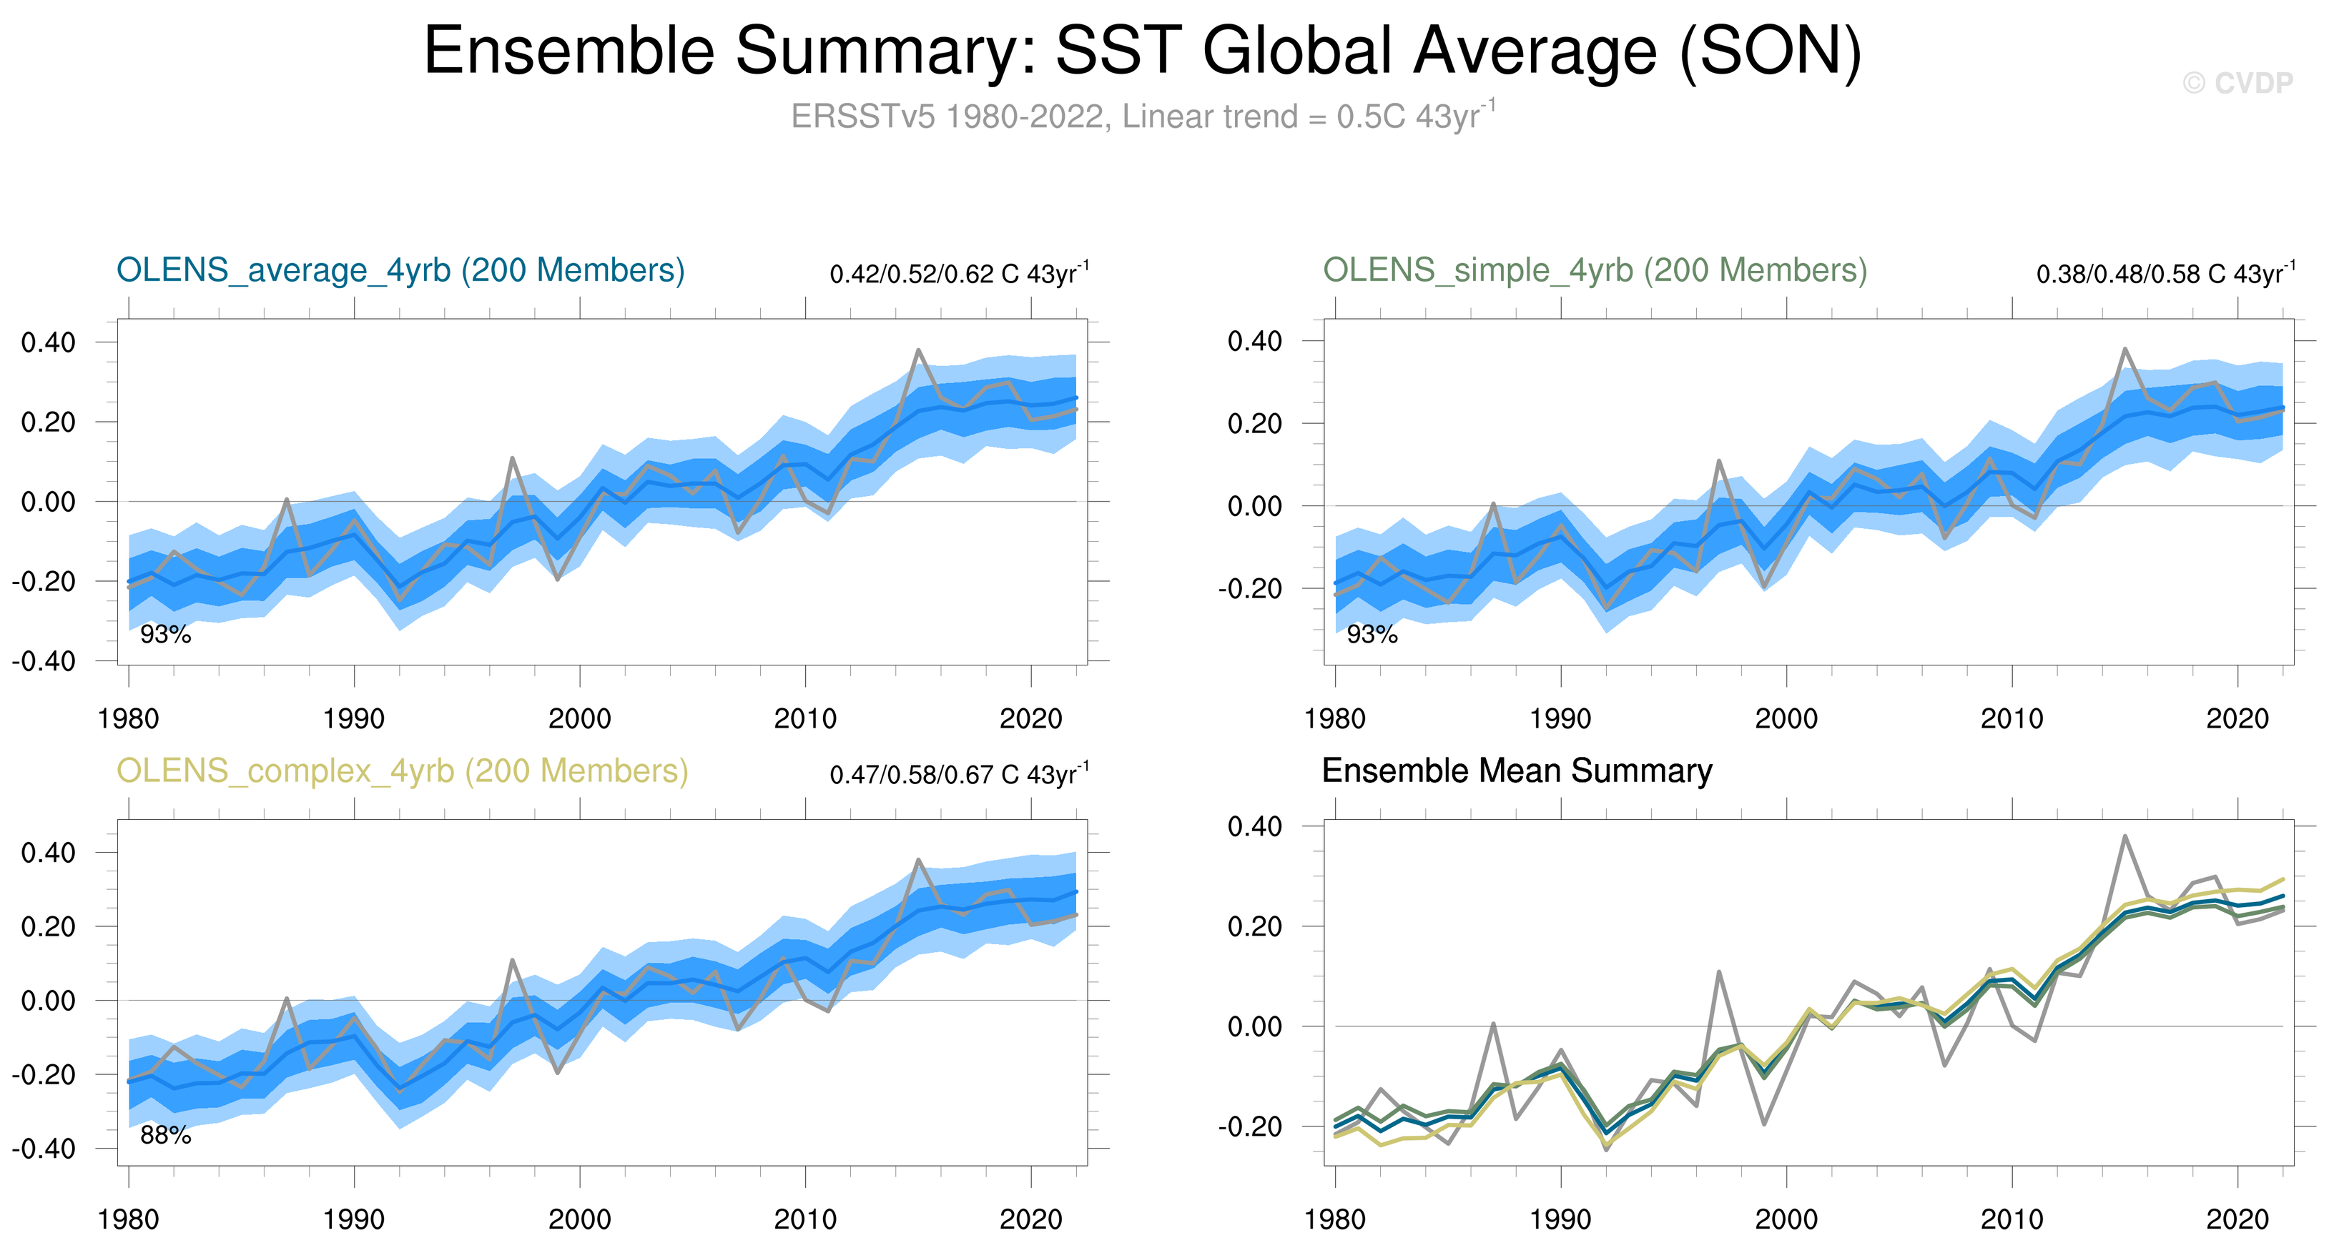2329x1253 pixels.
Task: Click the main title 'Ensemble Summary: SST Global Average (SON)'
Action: pyautogui.click(x=1143, y=51)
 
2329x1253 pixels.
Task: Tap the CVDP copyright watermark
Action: pyautogui.click(x=2237, y=83)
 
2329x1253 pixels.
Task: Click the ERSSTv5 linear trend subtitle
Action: pyautogui.click(x=1143, y=117)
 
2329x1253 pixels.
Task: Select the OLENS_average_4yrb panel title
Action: pyautogui.click(x=400, y=270)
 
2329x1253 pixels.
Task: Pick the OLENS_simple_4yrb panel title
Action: pyautogui.click(x=1595, y=270)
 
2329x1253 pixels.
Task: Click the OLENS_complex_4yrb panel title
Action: pyautogui.click(x=403, y=771)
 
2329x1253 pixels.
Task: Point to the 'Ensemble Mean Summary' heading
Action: pyautogui.click(x=1516, y=771)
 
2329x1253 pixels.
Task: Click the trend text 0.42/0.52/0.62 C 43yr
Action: pyautogui.click(x=958, y=274)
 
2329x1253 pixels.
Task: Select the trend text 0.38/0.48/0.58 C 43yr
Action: pyautogui.click(x=2165, y=274)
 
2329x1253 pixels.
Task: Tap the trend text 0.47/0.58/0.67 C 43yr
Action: pyautogui.click(x=958, y=775)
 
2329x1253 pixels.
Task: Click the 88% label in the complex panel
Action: pyautogui.click(x=165, y=1136)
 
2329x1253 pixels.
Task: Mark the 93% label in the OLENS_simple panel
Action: pyautogui.click(x=1372, y=635)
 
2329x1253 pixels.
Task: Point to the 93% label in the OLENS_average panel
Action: pyautogui.click(x=165, y=635)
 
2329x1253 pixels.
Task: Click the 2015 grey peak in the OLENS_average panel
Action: pyautogui.click(x=917, y=351)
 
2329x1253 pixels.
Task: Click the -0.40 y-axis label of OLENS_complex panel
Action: pyautogui.click(x=44, y=1149)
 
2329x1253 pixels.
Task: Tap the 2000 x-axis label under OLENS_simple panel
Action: pyautogui.click(x=1786, y=720)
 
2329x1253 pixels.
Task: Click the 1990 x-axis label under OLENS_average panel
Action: pyautogui.click(x=353, y=720)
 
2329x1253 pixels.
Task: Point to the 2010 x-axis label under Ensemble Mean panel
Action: pyautogui.click(x=2012, y=1220)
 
